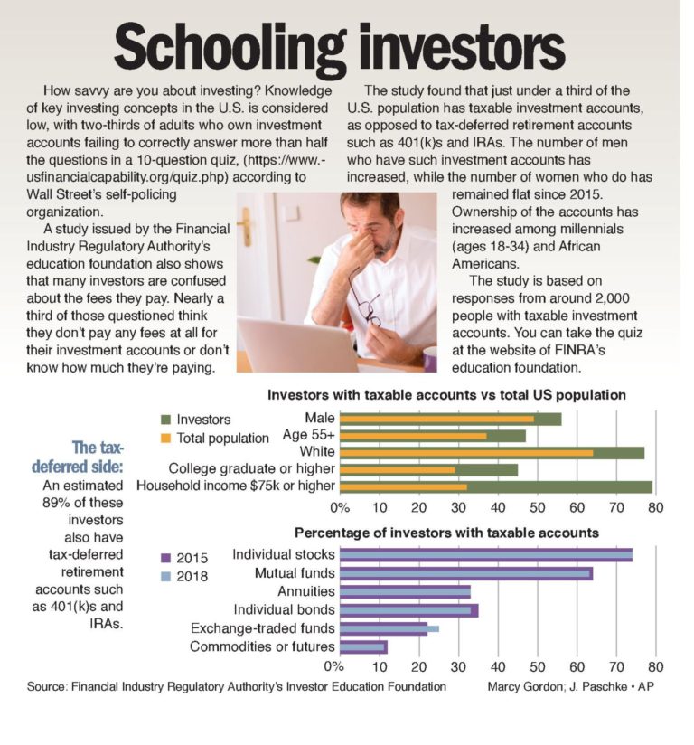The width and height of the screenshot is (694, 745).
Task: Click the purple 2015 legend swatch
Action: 167,557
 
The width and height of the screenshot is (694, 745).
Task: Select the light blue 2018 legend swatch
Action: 167,575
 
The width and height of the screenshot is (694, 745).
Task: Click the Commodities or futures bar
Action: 364,646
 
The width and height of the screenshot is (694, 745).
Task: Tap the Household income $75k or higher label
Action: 235,486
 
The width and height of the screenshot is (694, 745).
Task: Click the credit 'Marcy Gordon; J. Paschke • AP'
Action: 576,686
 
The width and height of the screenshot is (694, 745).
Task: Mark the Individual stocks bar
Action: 486,554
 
